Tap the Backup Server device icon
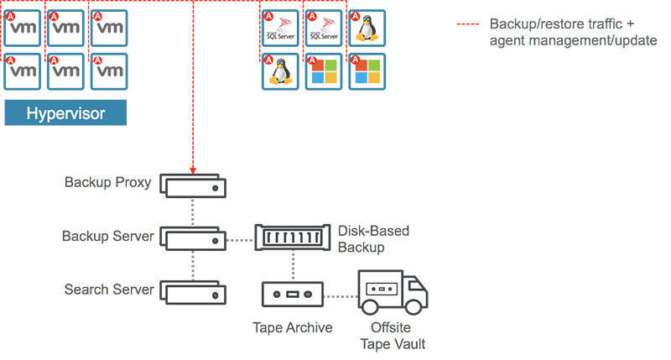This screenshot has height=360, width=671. [x=192, y=238]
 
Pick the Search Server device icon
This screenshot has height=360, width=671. [x=192, y=294]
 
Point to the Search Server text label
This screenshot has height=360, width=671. [x=108, y=290]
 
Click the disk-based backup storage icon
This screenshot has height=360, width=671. [x=294, y=238]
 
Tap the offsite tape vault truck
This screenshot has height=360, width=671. [x=392, y=291]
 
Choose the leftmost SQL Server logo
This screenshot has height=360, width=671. [x=278, y=28]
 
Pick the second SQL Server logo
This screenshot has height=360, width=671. [x=324, y=28]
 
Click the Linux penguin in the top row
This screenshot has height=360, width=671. [x=366, y=28]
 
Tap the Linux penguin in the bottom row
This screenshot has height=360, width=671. [x=278, y=72]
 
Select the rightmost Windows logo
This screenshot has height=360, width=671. [x=366, y=72]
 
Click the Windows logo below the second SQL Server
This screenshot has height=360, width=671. [x=324, y=72]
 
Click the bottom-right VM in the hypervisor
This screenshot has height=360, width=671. [x=109, y=72]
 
